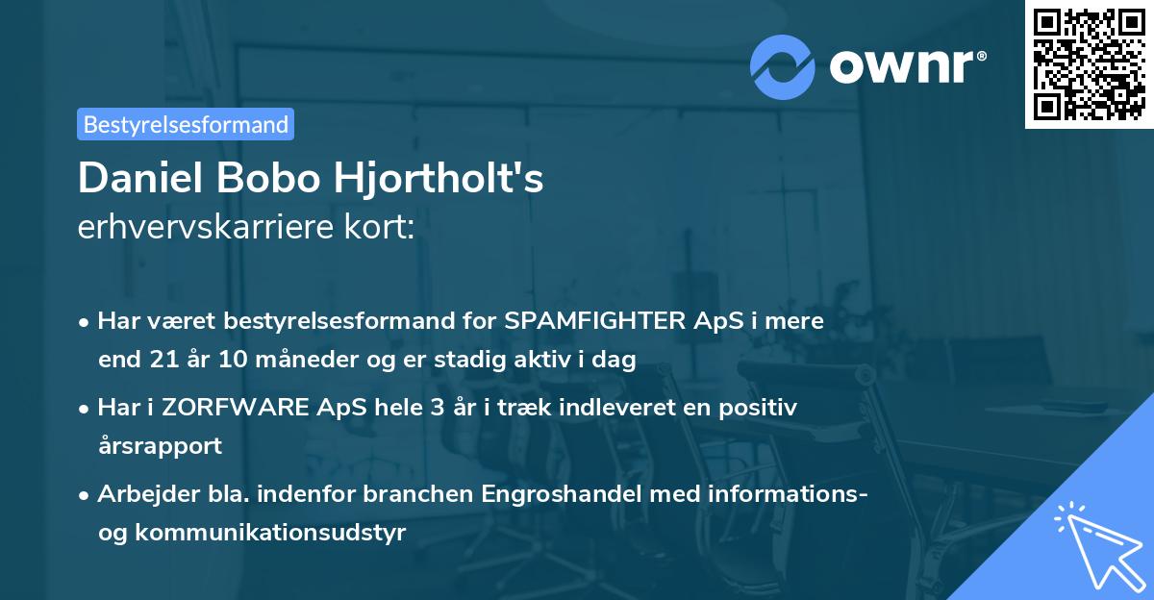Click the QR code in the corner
point(1089,64)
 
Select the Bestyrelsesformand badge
point(186,124)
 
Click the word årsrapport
point(160,446)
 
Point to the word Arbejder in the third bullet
point(140,494)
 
